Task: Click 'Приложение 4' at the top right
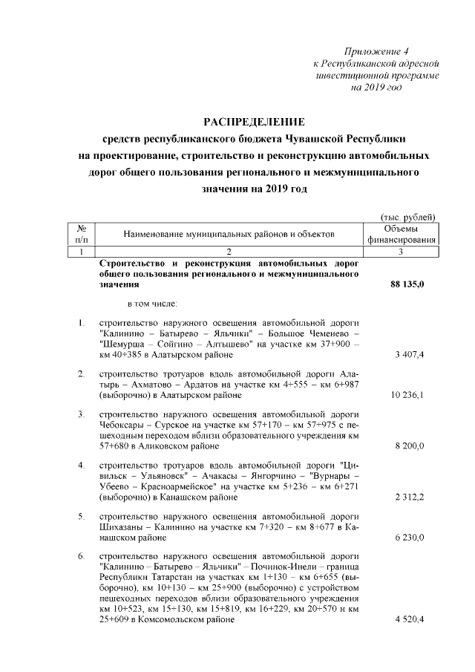click(377, 51)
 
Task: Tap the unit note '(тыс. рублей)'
click(407, 216)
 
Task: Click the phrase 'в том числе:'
click(152, 303)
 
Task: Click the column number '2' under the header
click(229, 252)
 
